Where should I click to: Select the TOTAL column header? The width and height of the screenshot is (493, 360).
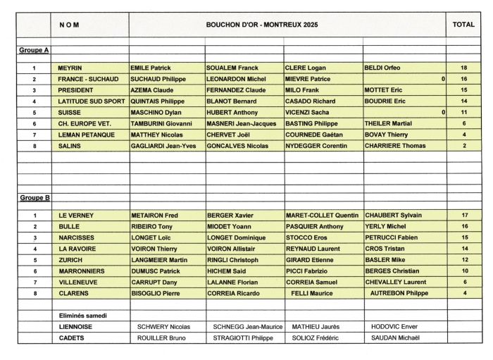coord(463,25)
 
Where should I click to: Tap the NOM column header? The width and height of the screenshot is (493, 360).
coord(70,25)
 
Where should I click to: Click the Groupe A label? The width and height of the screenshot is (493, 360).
coord(34,51)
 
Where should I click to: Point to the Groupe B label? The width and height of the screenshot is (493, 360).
coord(34,198)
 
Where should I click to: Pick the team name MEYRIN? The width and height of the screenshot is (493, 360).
coord(70,68)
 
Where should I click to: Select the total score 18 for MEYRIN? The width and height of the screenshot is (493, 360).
coord(463,68)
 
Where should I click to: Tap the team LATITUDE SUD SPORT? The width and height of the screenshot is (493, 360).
coord(89,101)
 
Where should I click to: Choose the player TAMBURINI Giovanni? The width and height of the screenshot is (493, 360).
coord(161,123)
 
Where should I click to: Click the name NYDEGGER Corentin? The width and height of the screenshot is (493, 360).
coord(316,146)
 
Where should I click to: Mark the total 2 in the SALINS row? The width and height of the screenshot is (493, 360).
coord(463,146)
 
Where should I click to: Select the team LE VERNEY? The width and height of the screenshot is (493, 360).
coord(76,216)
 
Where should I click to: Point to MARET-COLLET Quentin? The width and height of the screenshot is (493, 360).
coord(322,216)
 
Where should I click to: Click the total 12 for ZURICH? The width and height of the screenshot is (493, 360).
coord(463,260)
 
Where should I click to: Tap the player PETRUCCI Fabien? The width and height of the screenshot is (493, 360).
coord(392,237)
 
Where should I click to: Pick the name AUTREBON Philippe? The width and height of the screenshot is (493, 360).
coord(399,293)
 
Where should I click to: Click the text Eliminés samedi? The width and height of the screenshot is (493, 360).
coord(83,316)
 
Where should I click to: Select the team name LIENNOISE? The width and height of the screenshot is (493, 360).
coord(76,327)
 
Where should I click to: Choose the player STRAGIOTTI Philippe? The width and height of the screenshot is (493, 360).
coord(243,338)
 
